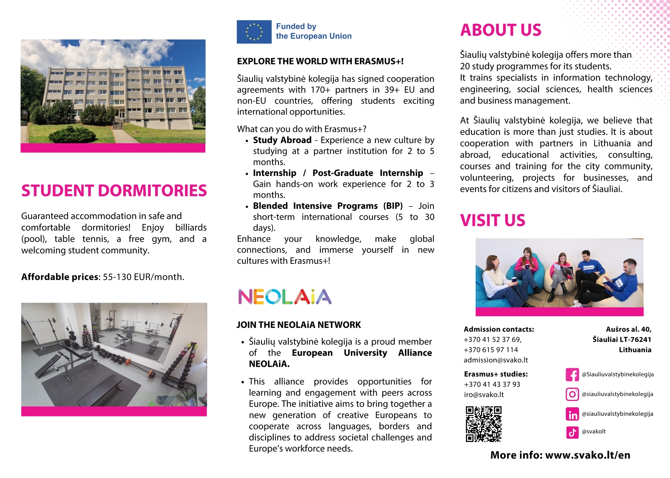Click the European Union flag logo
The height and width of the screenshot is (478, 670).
254,32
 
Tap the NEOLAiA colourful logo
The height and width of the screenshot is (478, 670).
285,297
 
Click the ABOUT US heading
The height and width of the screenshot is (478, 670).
500,30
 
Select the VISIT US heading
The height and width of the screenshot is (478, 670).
492,221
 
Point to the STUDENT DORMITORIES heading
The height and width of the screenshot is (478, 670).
114,190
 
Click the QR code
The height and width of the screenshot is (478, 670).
483,424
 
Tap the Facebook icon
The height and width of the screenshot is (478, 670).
572,374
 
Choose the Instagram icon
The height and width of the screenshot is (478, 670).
572,394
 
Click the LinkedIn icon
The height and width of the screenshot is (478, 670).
572,414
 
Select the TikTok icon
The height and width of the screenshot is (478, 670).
572,432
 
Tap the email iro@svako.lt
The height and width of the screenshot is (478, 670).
484,395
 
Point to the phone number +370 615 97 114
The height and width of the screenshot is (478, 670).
491,350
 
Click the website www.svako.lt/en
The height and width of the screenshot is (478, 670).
588,455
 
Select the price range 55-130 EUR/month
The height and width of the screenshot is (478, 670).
143,277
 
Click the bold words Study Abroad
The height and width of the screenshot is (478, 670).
282,140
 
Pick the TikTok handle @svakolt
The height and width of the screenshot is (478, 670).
594,431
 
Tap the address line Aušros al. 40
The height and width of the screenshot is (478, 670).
628,329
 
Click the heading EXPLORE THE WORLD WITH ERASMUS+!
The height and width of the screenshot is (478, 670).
320,61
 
